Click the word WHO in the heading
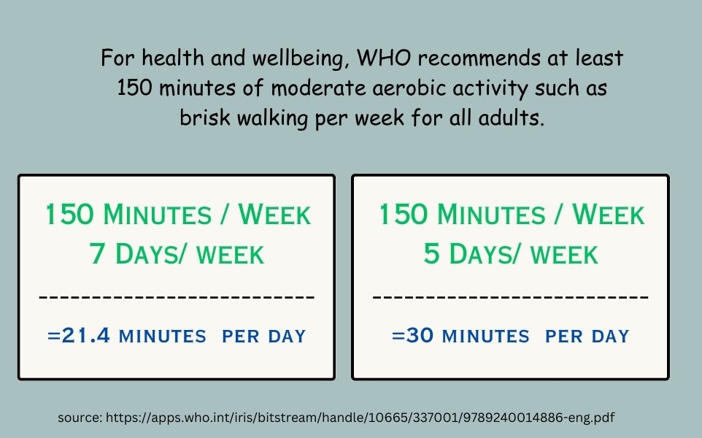pos(383,58)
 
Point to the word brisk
pos(205,118)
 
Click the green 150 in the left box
pos(70,214)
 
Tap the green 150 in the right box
pos(404,214)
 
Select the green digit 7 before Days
pos(97,253)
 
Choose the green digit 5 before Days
pos(431,253)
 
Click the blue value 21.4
pos(85,336)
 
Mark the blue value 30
pos(420,336)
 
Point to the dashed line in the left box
pos(177,296)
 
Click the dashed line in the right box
pos(511,296)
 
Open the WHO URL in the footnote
pos(360,418)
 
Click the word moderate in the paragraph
pos(318,88)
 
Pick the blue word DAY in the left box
pos(287,337)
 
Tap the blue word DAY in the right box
pos(611,337)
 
